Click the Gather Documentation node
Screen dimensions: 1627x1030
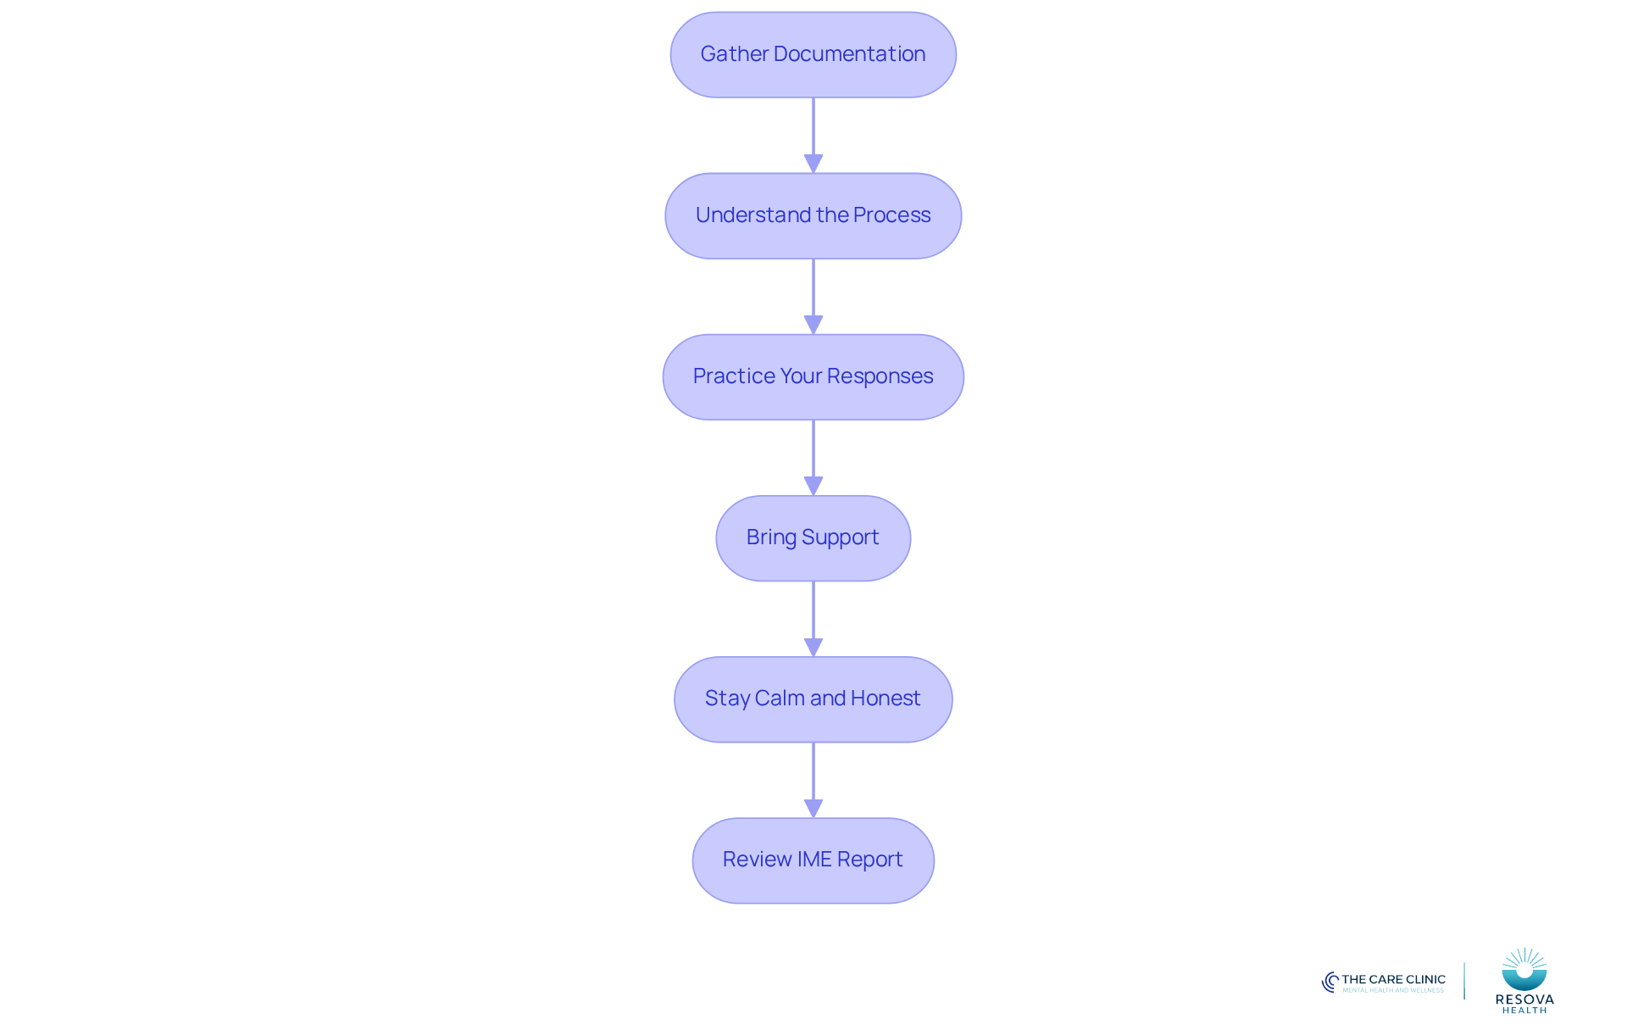click(813, 54)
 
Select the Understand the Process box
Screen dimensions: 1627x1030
click(813, 215)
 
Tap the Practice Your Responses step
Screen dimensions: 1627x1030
click(813, 376)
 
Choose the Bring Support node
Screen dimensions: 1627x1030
click(813, 537)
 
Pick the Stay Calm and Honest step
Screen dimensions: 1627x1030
click(813, 699)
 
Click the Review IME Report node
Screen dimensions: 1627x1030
click(813, 860)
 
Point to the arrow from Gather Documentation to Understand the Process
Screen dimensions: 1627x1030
click(813, 136)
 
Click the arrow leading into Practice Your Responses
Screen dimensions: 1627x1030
click(813, 297)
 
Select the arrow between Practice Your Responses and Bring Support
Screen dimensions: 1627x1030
click(813, 458)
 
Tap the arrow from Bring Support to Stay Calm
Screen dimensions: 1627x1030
click(813, 619)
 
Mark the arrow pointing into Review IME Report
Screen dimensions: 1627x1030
click(813, 780)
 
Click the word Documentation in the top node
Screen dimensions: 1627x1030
click(849, 53)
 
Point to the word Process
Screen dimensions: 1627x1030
click(891, 214)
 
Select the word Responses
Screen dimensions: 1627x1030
click(880, 376)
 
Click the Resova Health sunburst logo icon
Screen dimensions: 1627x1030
click(1524, 969)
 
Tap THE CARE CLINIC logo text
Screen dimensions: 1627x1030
click(1393, 979)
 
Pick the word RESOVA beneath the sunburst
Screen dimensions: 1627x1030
click(1524, 999)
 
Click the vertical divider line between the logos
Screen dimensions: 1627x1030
click(1464, 981)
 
